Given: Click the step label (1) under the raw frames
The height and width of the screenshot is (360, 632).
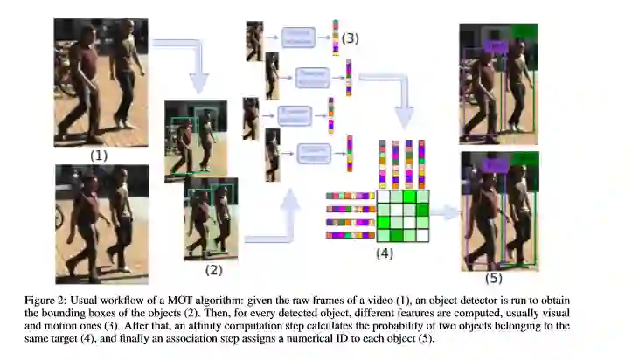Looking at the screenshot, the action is click(98, 155).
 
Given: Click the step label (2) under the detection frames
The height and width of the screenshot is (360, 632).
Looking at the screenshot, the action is click(214, 270).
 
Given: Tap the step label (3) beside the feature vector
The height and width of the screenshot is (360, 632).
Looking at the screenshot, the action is click(351, 38).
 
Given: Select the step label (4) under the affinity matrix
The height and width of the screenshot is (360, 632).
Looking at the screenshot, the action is click(385, 253).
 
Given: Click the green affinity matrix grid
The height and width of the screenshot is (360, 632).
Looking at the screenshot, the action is click(403, 217).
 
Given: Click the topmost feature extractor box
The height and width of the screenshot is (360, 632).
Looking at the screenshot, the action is click(298, 38).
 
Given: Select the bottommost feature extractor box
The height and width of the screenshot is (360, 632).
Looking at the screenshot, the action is click(313, 153).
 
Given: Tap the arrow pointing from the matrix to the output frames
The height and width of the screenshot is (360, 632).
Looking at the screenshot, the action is click(446, 212).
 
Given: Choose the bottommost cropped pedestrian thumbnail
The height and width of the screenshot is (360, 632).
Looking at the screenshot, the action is click(272, 155).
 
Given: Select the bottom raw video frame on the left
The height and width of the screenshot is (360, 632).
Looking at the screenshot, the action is click(101, 223).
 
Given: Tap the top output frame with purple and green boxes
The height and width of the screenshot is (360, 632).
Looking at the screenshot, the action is click(498, 78).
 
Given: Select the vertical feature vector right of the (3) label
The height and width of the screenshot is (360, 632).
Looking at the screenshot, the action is click(336, 37).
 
